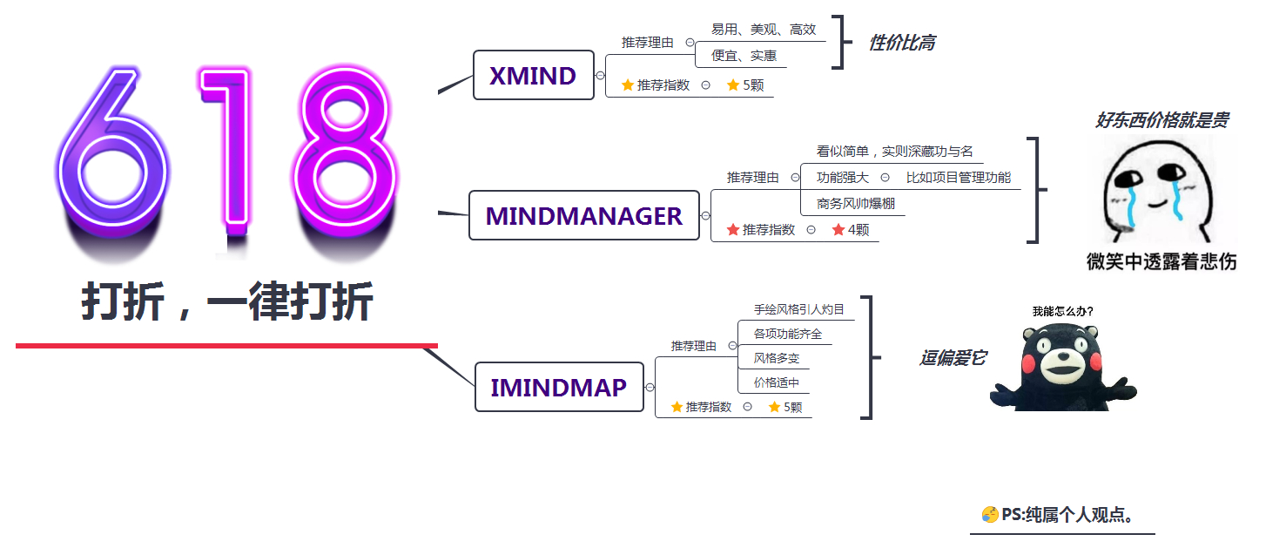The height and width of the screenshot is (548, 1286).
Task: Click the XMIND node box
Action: (533, 76)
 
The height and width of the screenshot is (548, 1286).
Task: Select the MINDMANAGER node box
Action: (583, 215)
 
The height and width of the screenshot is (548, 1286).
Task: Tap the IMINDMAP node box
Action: (558, 388)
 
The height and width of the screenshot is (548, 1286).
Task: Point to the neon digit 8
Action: (343, 152)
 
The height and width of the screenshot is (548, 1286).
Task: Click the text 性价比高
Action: (901, 43)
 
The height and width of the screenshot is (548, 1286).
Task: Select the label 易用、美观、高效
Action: (763, 30)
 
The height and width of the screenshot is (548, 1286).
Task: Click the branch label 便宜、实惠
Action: (744, 56)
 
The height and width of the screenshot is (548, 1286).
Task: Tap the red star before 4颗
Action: (838, 230)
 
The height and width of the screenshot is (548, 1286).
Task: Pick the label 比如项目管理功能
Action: (959, 178)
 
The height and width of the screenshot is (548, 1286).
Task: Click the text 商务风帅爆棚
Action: (856, 204)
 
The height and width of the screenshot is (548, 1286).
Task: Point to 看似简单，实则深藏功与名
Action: (894, 152)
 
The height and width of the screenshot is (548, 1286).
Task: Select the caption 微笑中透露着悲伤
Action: (1161, 260)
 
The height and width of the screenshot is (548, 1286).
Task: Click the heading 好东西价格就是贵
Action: (1161, 120)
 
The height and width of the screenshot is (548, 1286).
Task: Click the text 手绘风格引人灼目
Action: (798, 309)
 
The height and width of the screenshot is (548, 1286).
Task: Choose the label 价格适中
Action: (776, 382)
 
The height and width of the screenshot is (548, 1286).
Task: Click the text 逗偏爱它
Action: (953, 358)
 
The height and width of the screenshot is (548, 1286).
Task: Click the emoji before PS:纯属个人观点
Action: (989, 515)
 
